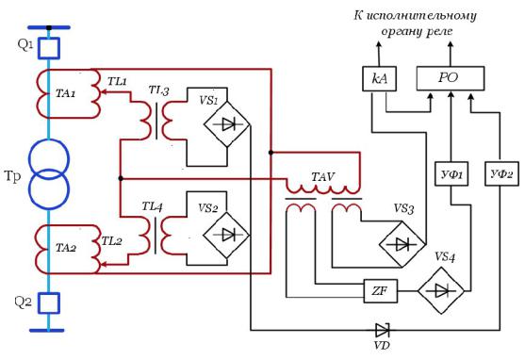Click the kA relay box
point(379,79)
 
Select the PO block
point(451,78)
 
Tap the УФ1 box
point(451,173)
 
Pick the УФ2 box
point(501,173)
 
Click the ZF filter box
point(381,290)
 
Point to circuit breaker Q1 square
point(49,48)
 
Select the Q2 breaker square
point(49,303)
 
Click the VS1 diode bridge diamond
point(227,124)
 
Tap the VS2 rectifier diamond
point(226,235)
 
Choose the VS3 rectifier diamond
point(402,244)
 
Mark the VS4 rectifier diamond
point(441,290)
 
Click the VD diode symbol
point(382,330)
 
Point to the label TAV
point(322,177)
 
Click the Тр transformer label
point(12,177)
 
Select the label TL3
point(159,90)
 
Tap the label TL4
point(153,206)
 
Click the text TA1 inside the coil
point(66,93)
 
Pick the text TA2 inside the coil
point(66,248)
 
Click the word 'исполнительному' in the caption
point(421,16)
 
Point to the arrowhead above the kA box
point(378,44)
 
